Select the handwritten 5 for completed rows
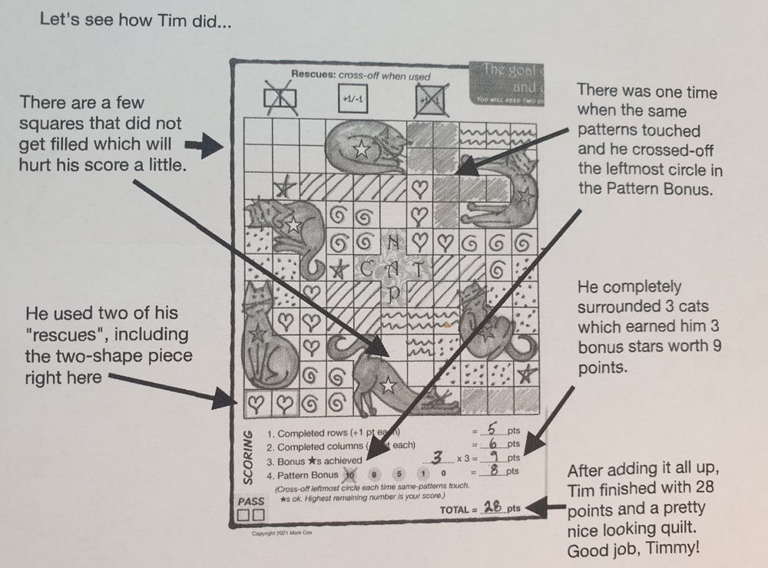497,431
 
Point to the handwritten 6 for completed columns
497,444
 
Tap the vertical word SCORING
248,458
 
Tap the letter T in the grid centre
419,269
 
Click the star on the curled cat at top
362,150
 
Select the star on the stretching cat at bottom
388,387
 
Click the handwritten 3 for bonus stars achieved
438,457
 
